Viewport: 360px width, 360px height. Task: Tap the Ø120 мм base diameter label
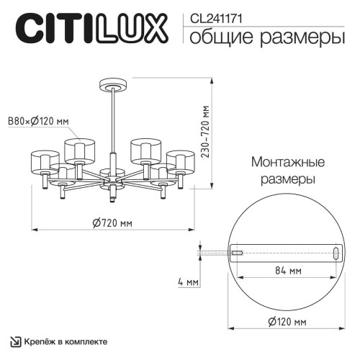point(287,320)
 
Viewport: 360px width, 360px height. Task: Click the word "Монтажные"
point(287,162)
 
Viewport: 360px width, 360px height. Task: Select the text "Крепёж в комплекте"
point(66,341)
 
